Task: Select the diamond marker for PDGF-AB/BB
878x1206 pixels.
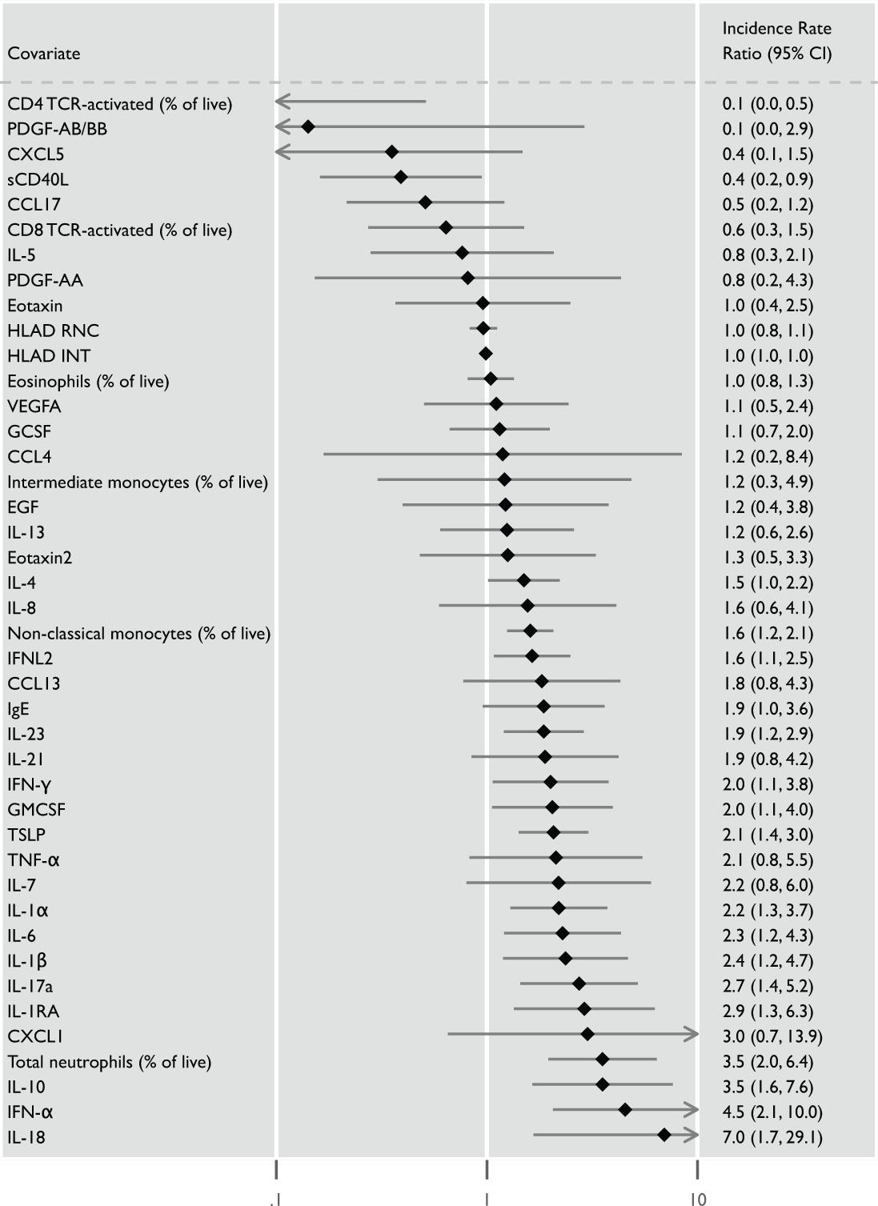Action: tap(307, 126)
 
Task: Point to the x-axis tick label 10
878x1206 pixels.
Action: tap(698, 1199)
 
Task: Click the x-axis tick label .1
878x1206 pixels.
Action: tap(275, 1199)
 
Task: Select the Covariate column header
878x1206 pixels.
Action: tap(44, 54)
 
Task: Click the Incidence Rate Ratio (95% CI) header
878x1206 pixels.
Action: tap(776, 41)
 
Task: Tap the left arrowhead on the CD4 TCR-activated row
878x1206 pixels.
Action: tap(280, 102)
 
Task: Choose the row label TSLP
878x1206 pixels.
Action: tap(26, 835)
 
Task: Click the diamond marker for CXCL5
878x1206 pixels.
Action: tap(391, 152)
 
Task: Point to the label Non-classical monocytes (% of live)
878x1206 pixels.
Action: tap(138, 633)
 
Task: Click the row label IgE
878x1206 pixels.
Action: tap(18, 709)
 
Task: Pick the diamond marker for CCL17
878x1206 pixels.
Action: tap(425, 202)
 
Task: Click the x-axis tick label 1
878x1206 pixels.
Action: tap(486, 1199)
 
